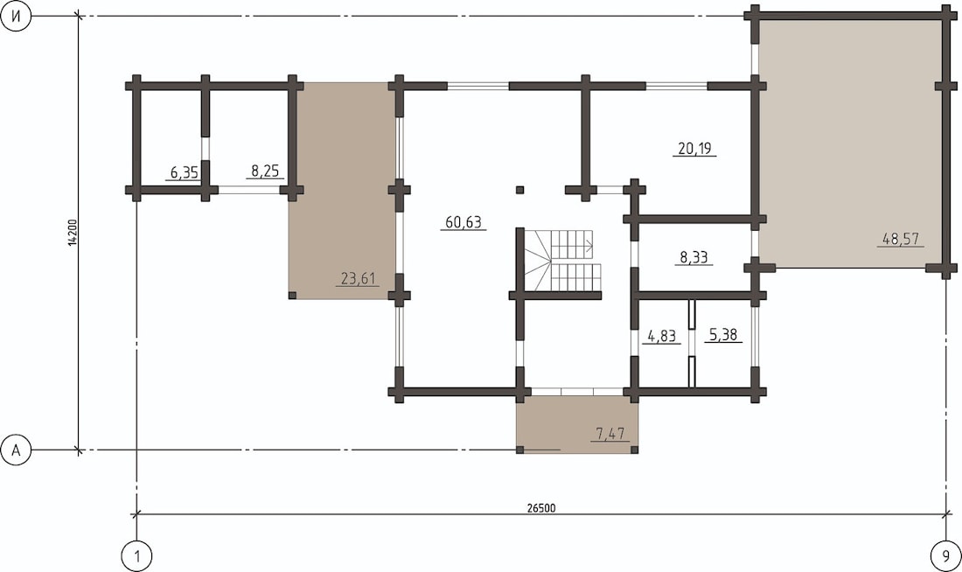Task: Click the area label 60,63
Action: coord(464,222)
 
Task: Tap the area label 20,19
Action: coord(696,149)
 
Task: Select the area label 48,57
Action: coord(901,239)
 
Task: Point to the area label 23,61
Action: coord(358,279)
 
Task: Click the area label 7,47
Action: coord(610,434)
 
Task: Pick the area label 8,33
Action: coord(694,257)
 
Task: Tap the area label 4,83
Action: coord(662,337)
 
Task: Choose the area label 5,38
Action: coord(723,335)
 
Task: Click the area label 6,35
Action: coord(184,172)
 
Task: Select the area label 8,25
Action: coord(266,171)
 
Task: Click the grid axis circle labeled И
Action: coord(17,17)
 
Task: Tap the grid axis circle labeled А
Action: coord(17,450)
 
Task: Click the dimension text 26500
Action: coord(541,508)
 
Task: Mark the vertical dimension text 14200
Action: coord(73,233)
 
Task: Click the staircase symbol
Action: coord(563,261)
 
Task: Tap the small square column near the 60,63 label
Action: coord(519,190)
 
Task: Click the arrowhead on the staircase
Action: coord(590,247)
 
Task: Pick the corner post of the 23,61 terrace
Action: coord(292,296)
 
